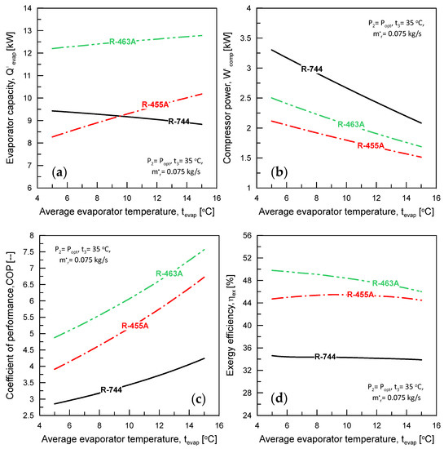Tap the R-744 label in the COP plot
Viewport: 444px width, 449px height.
(x=112, y=390)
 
